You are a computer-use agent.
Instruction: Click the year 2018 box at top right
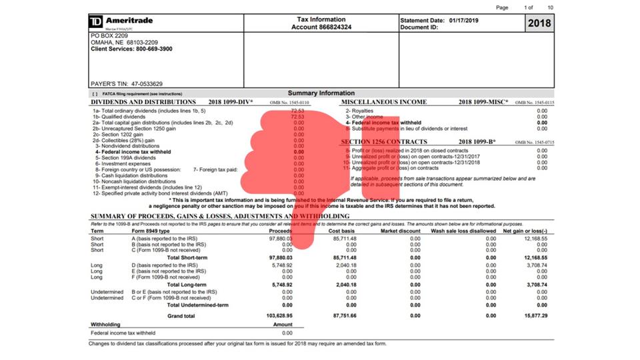coord(539,24)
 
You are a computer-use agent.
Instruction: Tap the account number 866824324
coord(336,27)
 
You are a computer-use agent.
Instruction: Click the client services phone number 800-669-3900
coord(153,49)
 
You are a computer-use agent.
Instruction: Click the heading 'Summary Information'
coord(321,93)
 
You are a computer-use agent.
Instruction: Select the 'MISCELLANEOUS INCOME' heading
coord(384,103)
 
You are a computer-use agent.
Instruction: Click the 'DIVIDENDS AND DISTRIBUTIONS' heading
coord(143,103)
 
